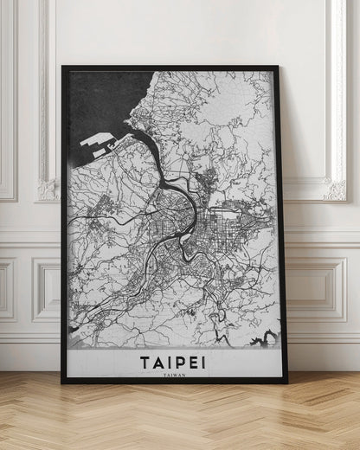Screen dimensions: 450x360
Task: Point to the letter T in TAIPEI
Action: tap(143, 361)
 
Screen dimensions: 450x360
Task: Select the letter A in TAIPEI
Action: tap(157, 361)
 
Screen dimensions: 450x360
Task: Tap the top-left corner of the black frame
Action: tap(63, 67)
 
